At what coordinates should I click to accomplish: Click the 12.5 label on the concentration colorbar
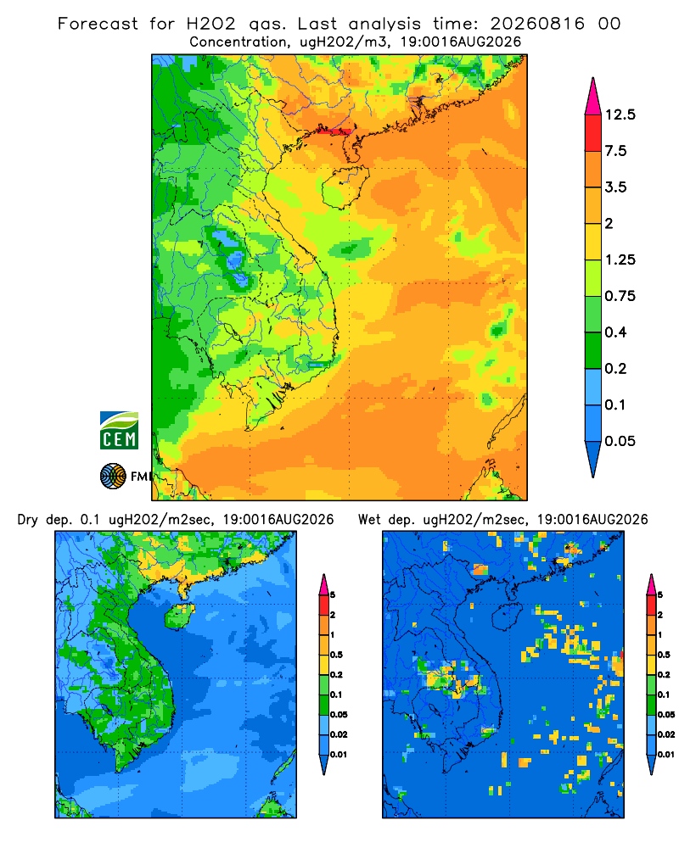click(x=620, y=114)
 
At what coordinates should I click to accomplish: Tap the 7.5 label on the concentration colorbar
click(x=615, y=151)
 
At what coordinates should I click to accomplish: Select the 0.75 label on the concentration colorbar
click(x=620, y=296)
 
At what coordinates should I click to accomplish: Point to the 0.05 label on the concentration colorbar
click(x=620, y=441)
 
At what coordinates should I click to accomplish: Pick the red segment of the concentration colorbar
click(x=593, y=133)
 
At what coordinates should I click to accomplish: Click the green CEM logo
click(x=119, y=431)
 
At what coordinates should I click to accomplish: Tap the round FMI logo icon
click(x=113, y=477)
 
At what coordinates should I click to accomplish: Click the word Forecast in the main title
click(x=98, y=24)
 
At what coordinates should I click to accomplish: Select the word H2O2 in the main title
click(x=211, y=24)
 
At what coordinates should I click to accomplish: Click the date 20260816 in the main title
click(x=537, y=24)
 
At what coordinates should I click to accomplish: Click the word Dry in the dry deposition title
click(x=28, y=521)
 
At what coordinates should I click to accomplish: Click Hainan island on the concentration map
click(x=345, y=187)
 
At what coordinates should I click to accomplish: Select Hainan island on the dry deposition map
click(x=179, y=616)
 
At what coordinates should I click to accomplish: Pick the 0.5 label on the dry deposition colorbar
click(x=336, y=655)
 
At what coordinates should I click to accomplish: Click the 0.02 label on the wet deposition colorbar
click(x=666, y=734)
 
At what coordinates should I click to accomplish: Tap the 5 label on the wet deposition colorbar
click(x=660, y=595)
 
